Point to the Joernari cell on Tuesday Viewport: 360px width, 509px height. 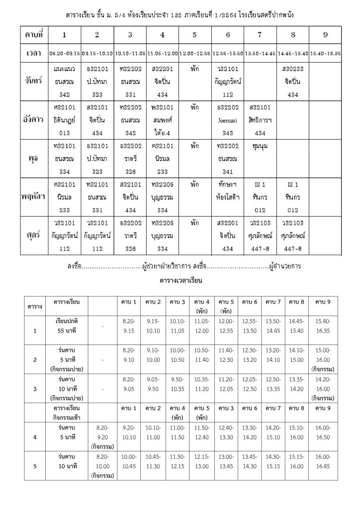[227, 120]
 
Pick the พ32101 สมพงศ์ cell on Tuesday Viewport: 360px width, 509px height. [162, 120]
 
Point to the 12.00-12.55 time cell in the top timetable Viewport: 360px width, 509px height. [194, 52]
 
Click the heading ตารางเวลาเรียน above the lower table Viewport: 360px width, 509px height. [180, 280]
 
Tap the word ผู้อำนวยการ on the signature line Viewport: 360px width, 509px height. [284, 266]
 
